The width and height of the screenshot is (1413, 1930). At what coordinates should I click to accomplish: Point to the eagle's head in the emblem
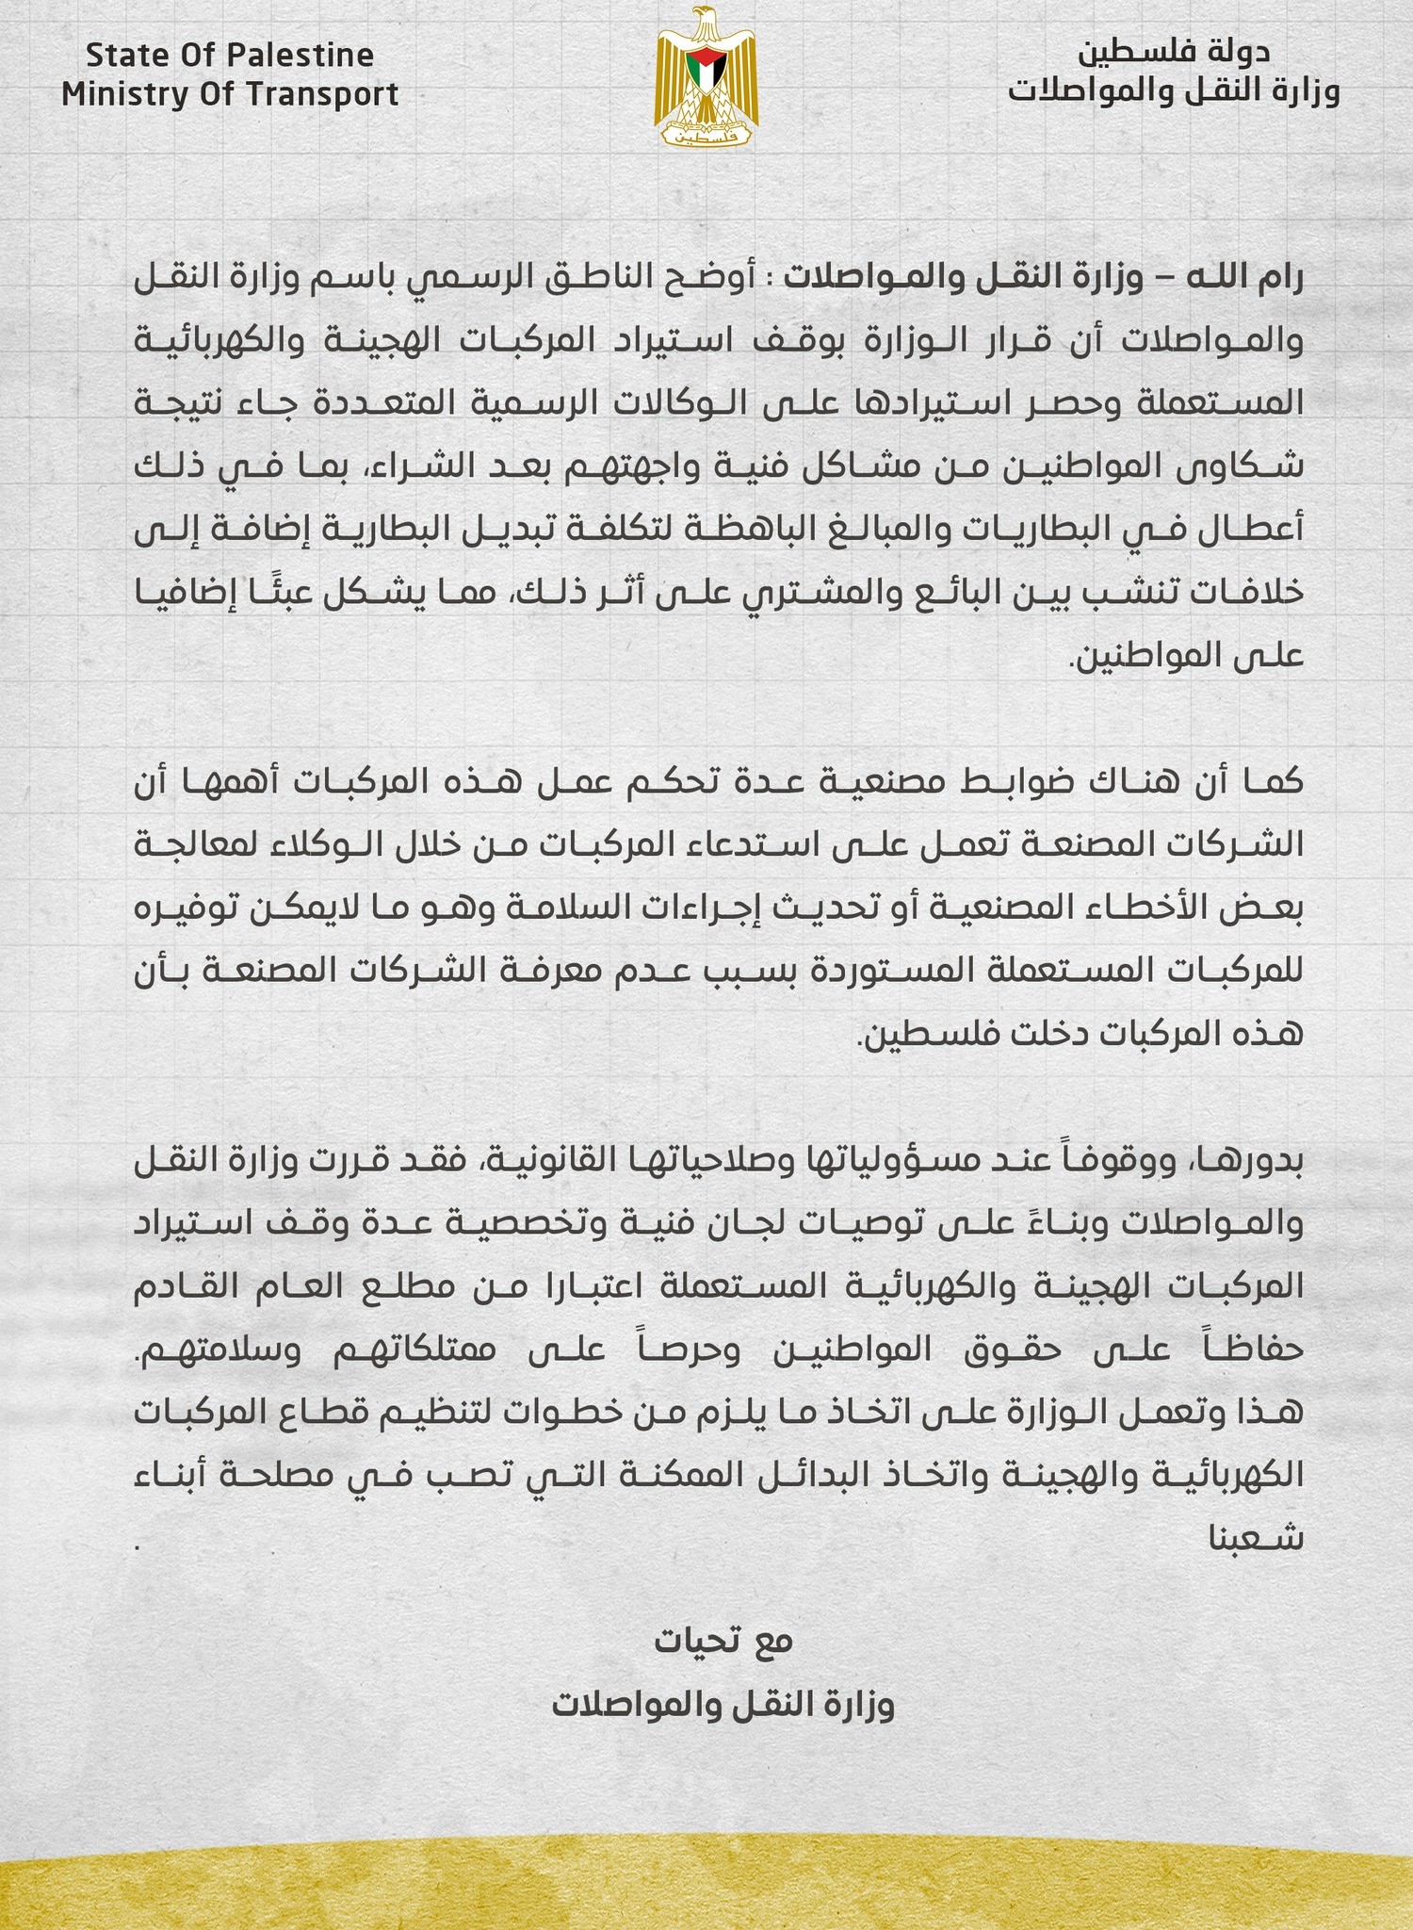704,21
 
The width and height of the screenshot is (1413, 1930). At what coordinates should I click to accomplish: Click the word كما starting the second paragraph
1276,781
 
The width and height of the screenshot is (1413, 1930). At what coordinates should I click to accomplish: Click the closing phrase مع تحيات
724,1641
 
